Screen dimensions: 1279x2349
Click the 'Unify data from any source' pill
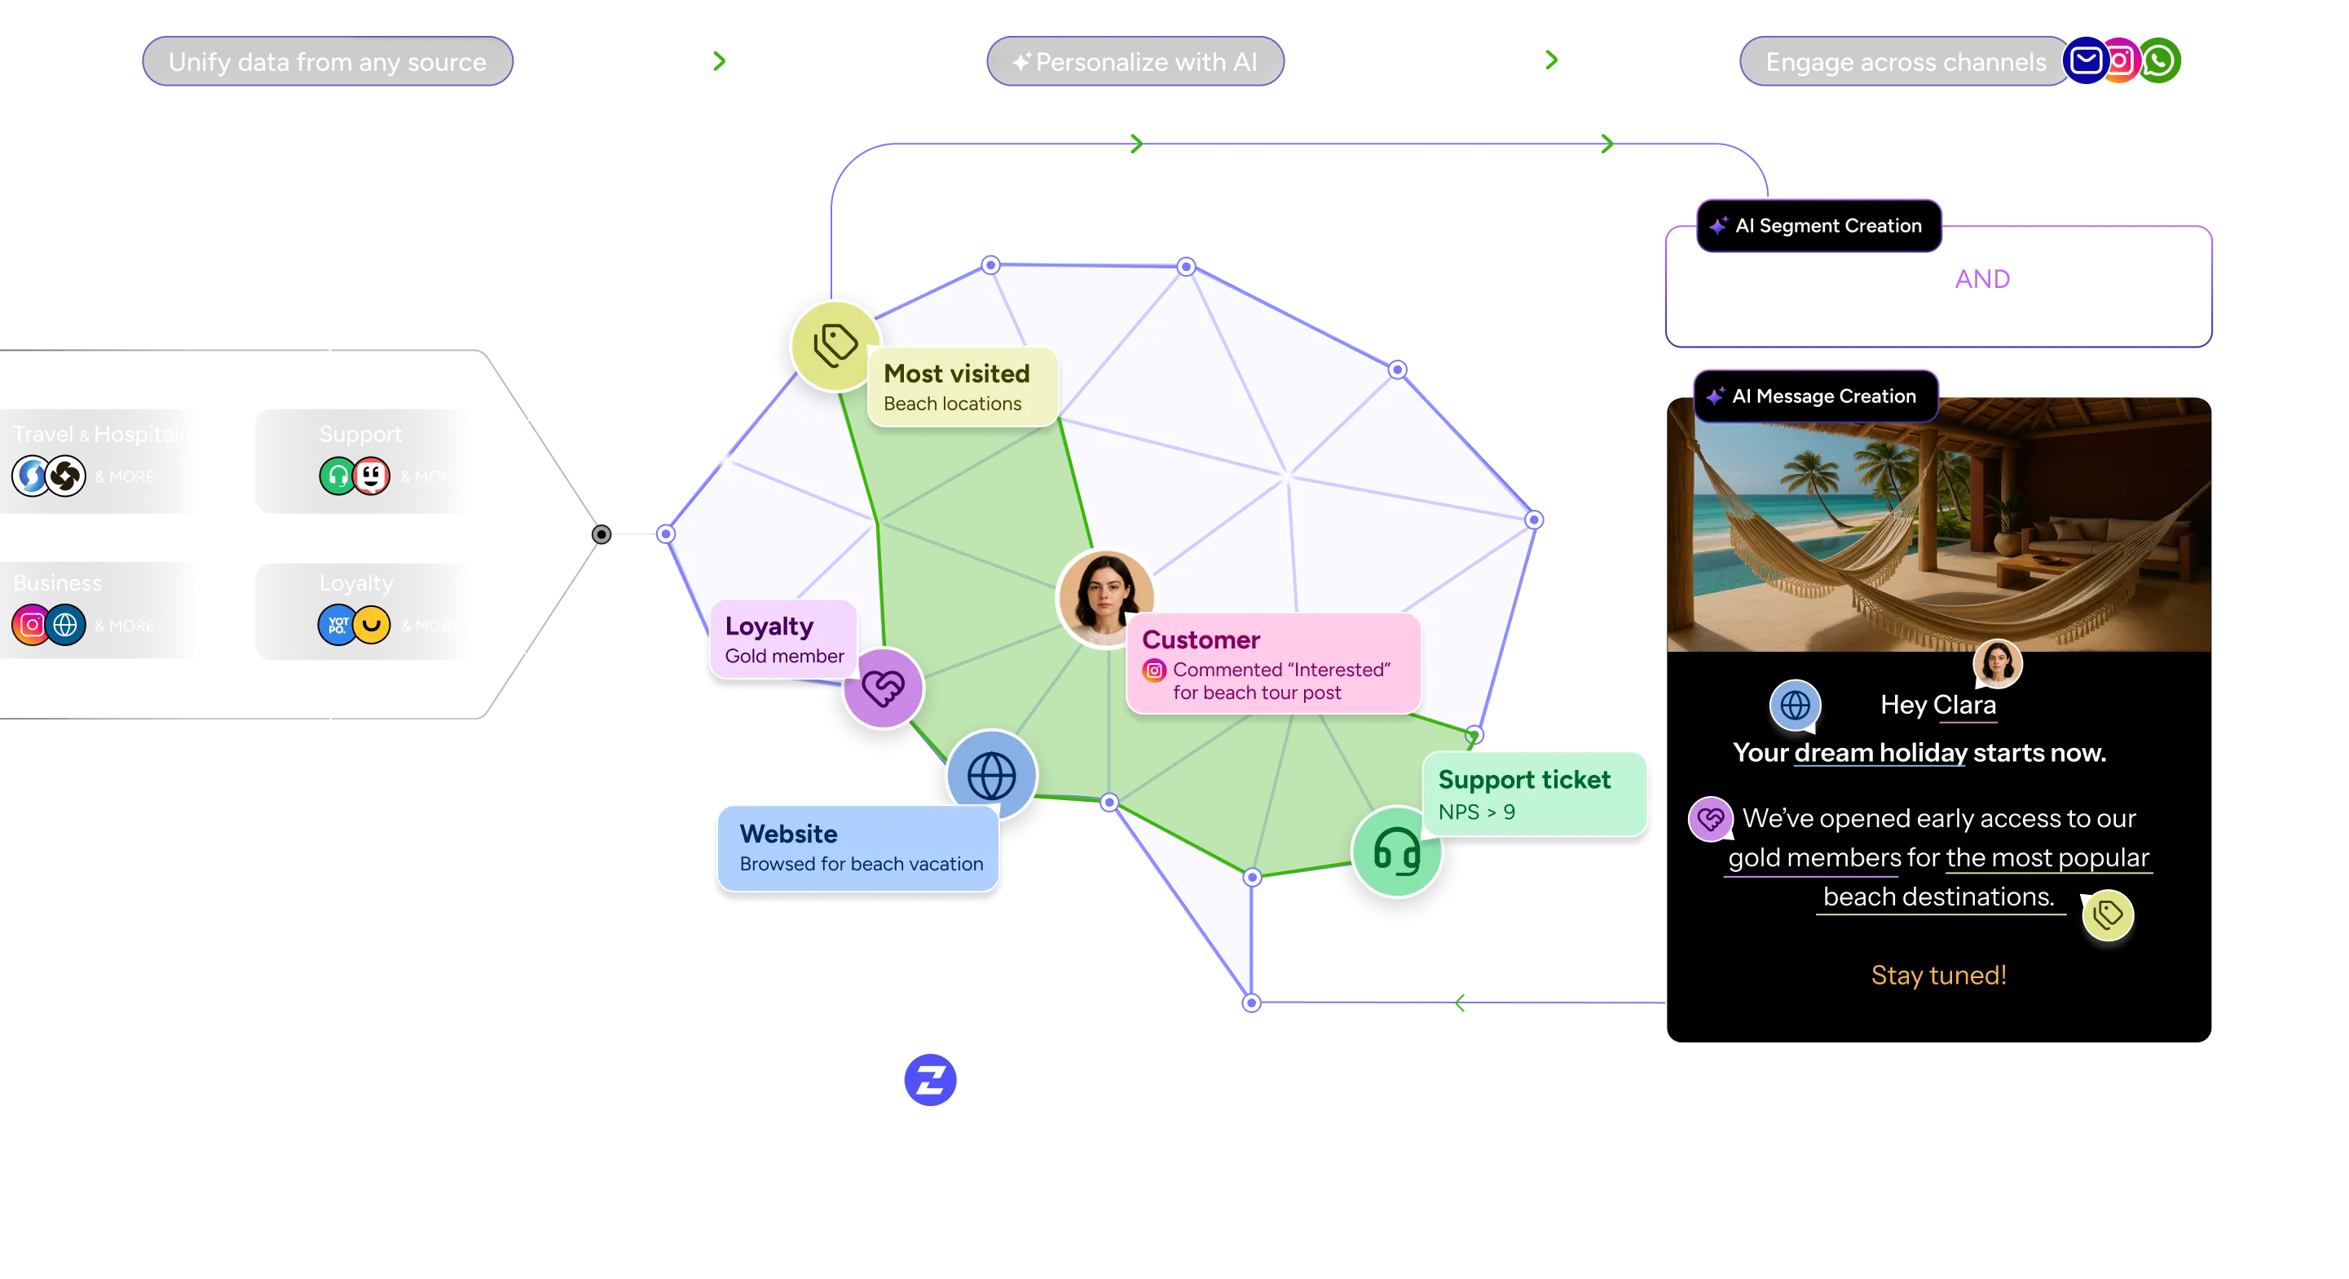tap(327, 62)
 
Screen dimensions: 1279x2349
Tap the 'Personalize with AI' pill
tap(1135, 62)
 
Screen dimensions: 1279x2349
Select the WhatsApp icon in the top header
tap(2159, 60)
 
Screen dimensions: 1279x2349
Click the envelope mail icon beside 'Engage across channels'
tap(2086, 60)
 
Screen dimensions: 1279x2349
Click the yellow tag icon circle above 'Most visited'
tap(835, 345)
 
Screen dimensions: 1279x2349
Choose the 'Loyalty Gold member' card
tap(783, 639)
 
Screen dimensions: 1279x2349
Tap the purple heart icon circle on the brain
tap(883, 688)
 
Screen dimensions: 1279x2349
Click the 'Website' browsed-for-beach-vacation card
tap(858, 848)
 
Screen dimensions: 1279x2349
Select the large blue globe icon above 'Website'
tap(991, 776)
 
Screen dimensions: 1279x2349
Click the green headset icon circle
tap(1396, 851)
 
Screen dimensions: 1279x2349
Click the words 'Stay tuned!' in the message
tap(1939, 976)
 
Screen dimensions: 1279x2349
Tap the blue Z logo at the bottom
tap(929, 1080)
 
